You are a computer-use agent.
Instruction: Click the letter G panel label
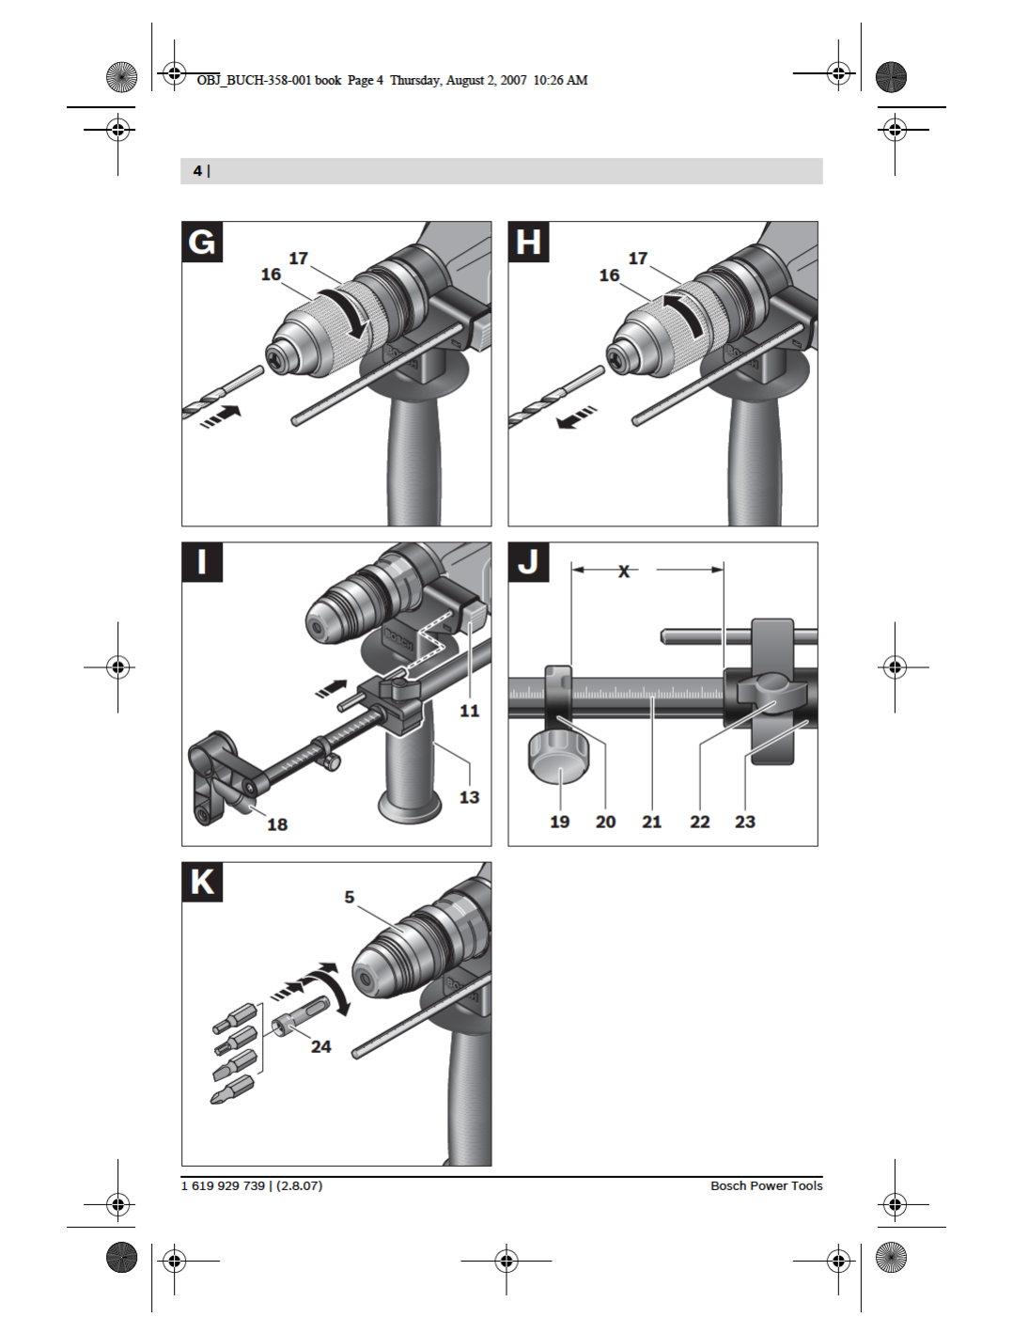(x=202, y=243)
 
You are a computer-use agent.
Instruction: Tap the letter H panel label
(x=528, y=243)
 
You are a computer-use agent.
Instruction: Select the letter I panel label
(x=202, y=562)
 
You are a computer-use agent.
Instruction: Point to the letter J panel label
(x=528, y=562)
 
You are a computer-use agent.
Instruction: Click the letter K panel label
(x=202, y=883)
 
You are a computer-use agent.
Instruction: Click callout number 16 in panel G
(x=271, y=274)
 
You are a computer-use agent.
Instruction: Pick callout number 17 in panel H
(x=638, y=259)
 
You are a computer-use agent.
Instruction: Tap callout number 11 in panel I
(x=469, y=711)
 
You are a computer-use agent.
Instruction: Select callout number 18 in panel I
(x=277, y=824)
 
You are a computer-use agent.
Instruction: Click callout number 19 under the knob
(x=559, y=822)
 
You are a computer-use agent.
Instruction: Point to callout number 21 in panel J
(x=652, y=822)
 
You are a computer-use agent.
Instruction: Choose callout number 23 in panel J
(x=745, y=822)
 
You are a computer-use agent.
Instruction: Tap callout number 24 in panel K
(x=321, y=1046)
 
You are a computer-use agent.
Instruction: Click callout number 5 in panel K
(x=350, y=898)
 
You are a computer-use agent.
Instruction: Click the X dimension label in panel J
(x=624, y=571)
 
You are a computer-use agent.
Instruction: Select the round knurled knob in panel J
(x=559, y=755)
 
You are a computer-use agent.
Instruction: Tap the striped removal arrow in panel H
(x=576, y=416)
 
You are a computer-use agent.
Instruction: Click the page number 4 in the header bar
(x=197, y=171)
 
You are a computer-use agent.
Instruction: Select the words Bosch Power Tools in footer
(x=766, y=1185)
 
